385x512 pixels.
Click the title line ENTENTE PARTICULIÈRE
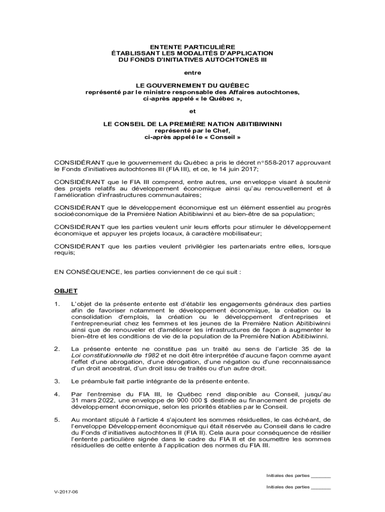[192, 46]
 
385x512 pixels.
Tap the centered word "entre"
[192, 73]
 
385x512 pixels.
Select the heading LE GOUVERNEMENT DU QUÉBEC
[192, 86]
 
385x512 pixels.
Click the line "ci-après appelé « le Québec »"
[192, 99]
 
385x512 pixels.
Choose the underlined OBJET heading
[65, 291]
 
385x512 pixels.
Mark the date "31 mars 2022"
[90, 400]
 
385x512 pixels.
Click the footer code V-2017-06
[66, 492]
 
